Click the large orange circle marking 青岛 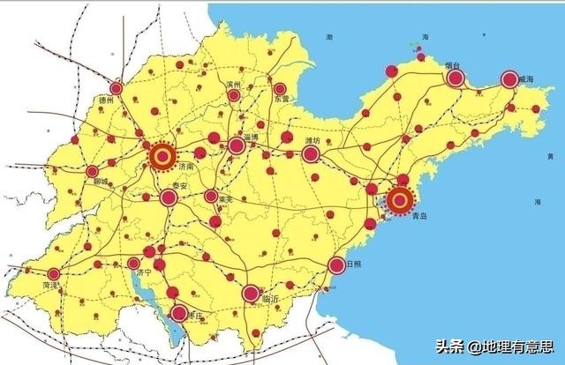click(x=400, y=201)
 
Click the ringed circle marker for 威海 click(x=509, y=79)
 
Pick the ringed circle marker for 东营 click(x=280, y=89)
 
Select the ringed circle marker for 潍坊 click(x=310, y=155)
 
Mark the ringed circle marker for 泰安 click(x=168, y=197)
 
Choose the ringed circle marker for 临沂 click(x=251, y=293)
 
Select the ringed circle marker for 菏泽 click(x=54, y=274)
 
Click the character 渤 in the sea click(x=329, y=38)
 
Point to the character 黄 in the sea click(x=549, y=156)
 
